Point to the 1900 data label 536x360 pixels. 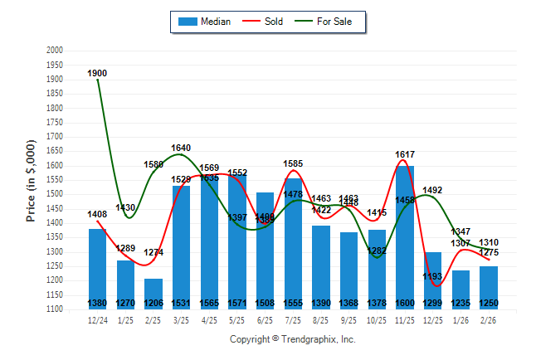pos(98,73)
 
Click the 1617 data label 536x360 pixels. pos(405,154)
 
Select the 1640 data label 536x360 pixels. pos(181,148)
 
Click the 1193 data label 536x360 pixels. pos(433,276)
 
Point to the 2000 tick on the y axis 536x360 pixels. pos(55,51)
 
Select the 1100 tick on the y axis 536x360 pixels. pos(55,309)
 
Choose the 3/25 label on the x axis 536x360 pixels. pos(181,320)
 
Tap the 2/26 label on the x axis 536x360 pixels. pos(489,320)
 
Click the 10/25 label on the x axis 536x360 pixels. pos(377,320)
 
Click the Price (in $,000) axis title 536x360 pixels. pos(30,180)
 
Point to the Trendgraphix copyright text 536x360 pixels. pos(292,339)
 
